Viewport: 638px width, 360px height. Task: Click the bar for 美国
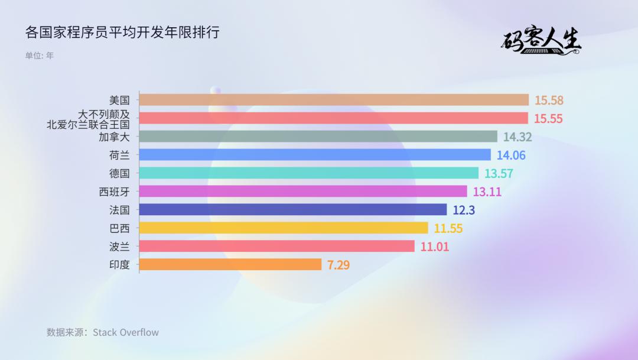[334, 100]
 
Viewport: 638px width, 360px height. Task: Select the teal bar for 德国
[309, 173]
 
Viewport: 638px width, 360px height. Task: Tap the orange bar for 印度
[230, 264]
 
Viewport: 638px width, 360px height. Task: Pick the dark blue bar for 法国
[293, 210]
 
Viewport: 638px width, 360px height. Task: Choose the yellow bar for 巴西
[284, 228]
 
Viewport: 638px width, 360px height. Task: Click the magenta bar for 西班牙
[303, 192]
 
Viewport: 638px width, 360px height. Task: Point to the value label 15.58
[549, 100]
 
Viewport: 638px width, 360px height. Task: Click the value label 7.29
[338, 265]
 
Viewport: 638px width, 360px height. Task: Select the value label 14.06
[511, 155]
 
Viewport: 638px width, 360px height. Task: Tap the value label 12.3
[464, 210]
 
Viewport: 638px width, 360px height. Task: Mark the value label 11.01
[435, 247]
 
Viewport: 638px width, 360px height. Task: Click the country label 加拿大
[114, 137]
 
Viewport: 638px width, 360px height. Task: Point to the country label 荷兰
[119, 155]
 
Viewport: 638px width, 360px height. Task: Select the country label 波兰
[119, 246]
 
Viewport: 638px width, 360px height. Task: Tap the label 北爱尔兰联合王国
[88, 124]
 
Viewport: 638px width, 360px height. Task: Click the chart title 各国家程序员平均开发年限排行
[122, 33]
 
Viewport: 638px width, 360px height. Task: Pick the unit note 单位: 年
[39, 56]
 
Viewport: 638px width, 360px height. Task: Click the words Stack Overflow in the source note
[126, 332]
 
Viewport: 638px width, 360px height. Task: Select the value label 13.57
[499, 174]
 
